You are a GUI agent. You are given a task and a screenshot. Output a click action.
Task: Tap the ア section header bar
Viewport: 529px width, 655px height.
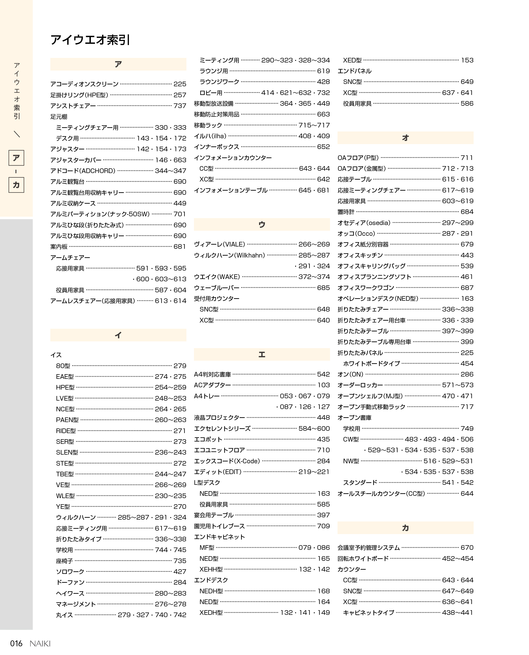coord(118,64)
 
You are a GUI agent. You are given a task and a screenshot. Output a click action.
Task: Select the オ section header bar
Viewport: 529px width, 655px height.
coord(405,138)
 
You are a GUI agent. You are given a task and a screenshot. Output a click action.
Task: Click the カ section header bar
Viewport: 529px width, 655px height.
coord(405,528)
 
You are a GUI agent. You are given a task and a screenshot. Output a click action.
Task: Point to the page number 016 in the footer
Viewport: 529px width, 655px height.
coord(16,643)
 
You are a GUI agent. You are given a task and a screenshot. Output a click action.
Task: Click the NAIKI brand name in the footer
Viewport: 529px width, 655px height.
coord(40,644)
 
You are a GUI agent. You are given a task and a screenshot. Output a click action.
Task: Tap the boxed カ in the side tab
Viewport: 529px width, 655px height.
coord(16,185)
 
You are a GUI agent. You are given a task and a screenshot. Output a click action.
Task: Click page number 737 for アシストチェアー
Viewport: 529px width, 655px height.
coord(180,106)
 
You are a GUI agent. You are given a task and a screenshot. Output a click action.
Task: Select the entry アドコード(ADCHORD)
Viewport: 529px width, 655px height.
coord(83,171)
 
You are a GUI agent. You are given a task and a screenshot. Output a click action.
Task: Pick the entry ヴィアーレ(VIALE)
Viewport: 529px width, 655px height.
coord(219,244)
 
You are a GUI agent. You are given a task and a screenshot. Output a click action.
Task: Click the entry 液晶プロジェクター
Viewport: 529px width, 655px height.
coord(219,417)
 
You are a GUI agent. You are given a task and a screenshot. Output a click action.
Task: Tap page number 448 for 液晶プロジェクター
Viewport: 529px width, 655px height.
coord(323,417)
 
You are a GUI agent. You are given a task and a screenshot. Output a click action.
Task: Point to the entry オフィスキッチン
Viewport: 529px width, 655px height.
coord(360,255)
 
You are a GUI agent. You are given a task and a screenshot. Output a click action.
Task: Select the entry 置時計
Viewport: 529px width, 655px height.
coord(346,212)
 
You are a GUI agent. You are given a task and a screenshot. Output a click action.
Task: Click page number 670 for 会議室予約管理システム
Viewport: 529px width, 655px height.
coord(467,548)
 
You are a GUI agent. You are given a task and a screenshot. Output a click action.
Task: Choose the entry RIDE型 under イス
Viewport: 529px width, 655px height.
coord(66,431)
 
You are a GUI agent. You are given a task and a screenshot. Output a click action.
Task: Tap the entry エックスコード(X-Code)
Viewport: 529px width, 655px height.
coord(227,461)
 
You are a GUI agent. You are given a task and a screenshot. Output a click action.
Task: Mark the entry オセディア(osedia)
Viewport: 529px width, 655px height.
coord(364,223)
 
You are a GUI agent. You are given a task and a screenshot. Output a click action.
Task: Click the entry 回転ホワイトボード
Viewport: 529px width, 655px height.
coord(363,559)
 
